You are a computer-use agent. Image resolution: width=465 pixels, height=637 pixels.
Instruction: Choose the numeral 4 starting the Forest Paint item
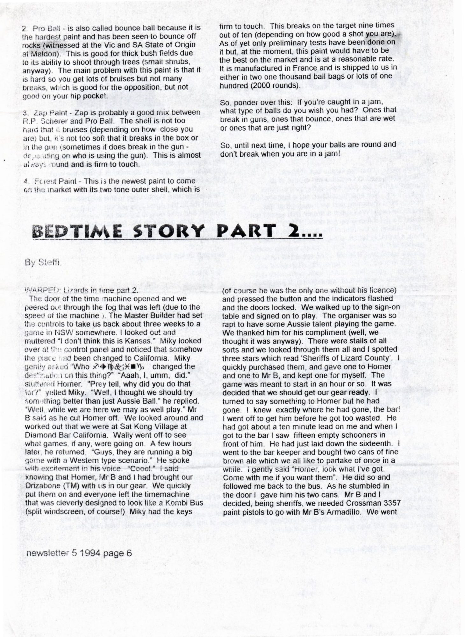pyautogui.click(x=25, y=181)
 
